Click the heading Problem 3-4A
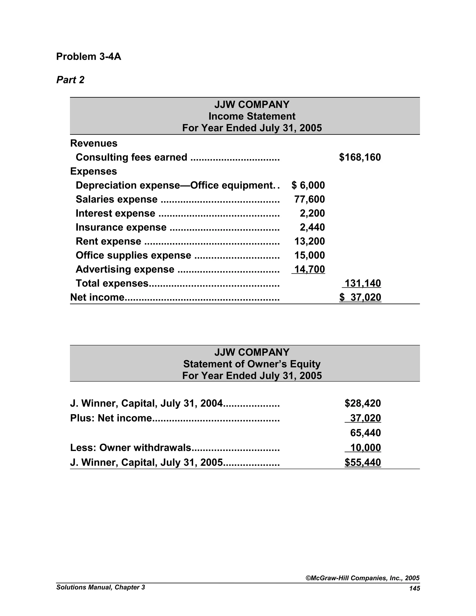point(89,57)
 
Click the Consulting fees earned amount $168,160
point(360,157)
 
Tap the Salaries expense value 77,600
point(309,199)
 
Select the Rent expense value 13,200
point(309,242)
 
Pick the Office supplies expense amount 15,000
point(309,255)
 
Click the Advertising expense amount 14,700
point(309,269)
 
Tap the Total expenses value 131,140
point(363,283)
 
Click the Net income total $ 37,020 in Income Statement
point(360,297)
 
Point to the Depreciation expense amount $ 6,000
point(308,185)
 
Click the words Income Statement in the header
point(252,116)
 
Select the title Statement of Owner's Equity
point(252,364)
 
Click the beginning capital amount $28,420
point(363,403)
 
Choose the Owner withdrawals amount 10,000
point(365,448)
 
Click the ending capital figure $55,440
point(363,463)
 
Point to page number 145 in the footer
point(415,588)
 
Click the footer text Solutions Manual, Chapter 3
point(100,587)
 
